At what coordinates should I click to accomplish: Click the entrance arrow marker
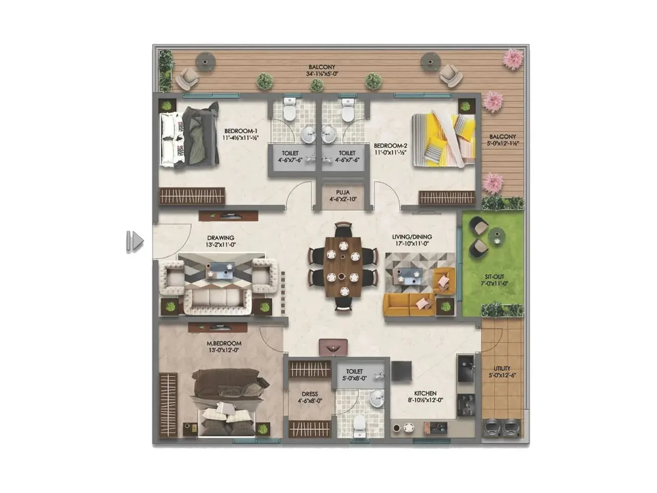pos(135,241)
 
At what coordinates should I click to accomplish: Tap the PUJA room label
pos(343,192)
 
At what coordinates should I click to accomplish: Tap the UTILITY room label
pos(502,368)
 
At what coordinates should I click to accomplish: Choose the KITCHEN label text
pos(425,393)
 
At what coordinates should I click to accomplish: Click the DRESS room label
pos(310,394)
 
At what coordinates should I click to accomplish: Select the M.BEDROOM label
pos(224,344)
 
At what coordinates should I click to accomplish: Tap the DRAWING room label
pos(221,238)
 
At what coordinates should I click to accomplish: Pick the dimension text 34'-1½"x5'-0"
pos(322,74)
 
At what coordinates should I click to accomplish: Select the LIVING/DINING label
pos(412,237)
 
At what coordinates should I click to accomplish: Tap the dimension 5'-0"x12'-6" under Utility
pos(502,375)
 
